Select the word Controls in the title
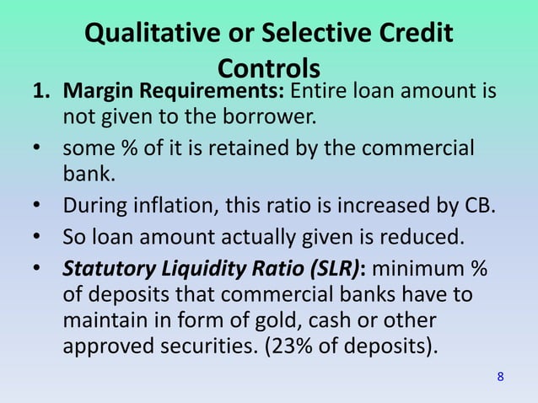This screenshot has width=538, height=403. pyautogui.click(x=269, y=67)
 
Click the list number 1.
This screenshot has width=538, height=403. pyautogui.click(x=39, y=90)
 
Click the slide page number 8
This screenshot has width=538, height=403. pyautogui.click(x=501, y=376)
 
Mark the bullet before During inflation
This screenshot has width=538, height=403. pyautogui.click(x=38, y=207)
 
